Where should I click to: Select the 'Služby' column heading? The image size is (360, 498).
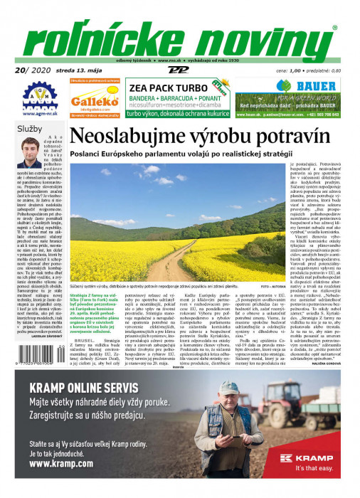(30, 129)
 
